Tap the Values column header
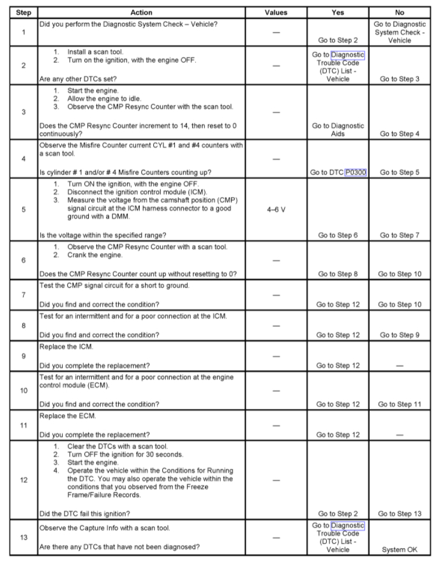tap(276, 12)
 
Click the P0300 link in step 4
tap(354, 172)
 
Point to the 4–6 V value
tap(276, 208)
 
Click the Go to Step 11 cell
tap(401, 404)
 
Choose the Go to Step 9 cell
tap(401, 334)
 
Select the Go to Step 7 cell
tap(401, 235)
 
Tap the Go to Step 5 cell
tap(401, 172)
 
